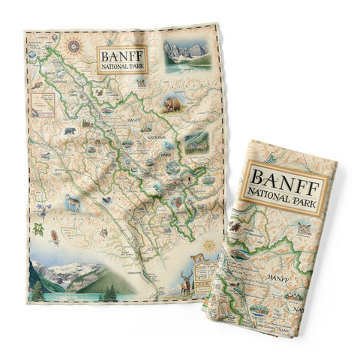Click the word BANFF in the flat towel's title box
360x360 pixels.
121,55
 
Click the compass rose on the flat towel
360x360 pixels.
74,46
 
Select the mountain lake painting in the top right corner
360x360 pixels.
185,55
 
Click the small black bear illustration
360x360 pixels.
69,132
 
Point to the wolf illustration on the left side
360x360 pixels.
73,201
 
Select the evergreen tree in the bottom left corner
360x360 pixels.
37,288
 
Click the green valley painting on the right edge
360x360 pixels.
196,139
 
